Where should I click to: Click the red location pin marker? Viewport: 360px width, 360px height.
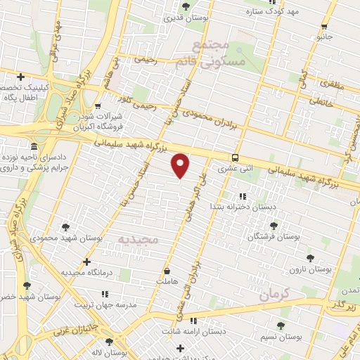[181, 165]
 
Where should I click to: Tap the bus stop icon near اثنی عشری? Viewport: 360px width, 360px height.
[235, 157]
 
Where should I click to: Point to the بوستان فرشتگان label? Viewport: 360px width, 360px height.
[274, 237]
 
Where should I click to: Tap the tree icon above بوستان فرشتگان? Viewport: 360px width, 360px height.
[274, 226]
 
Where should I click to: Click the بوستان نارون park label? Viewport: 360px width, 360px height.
[314, 269]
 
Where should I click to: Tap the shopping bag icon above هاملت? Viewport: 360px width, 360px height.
[166, 271]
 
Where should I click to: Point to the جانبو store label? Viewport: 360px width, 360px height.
[324, 35]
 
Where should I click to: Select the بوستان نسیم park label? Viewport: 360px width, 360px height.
[280, 337]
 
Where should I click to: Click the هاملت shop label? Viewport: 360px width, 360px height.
[167, 281]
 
